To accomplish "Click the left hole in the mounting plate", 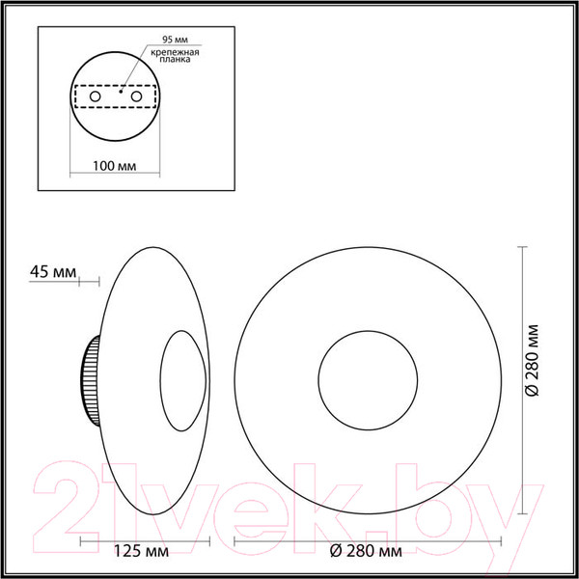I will [95, 97].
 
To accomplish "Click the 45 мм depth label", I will [53, 272].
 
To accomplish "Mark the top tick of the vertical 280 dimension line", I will [522, 248].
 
